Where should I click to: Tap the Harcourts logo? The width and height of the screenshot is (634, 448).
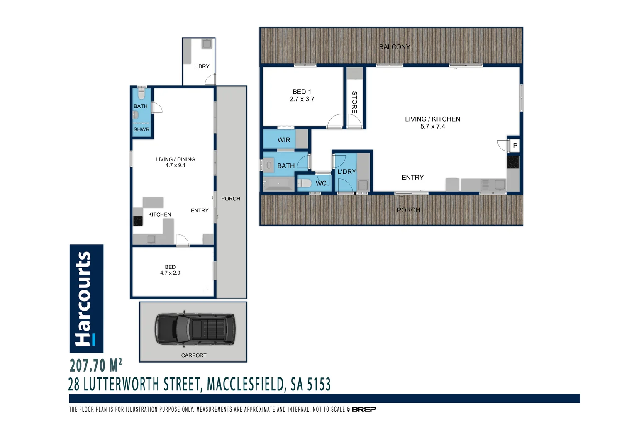click(x=86, y=298)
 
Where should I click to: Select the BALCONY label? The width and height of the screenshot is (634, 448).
click(x=394, y=47)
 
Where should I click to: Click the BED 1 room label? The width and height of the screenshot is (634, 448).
click(x=302, y=92)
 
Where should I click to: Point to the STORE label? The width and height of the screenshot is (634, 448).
click(x=354, y=102)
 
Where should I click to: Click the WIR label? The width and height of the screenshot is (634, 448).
click(x=284, y=140)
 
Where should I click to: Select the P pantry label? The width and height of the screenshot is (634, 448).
click(x=515, y=146)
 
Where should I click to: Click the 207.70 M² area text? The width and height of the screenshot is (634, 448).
click(x=95, y=365)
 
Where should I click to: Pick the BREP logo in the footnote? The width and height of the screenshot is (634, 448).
click(x=363, y=409)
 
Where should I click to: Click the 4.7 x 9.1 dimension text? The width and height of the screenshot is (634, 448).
click(x=175, y=166)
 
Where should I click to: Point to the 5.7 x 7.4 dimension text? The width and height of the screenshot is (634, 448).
click(x=432, y=127)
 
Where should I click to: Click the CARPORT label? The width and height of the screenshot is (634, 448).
click(x=193, y=355)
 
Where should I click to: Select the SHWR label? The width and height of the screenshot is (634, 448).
click(x=141, y=130)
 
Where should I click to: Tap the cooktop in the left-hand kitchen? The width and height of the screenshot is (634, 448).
click(x=137, y=221)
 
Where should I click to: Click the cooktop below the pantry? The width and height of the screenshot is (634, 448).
click(x=513, y=162)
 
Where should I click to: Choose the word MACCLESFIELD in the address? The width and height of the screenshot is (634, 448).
click(x=246, y=385)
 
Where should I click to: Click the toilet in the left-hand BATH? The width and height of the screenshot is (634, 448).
click(x=141, y=94)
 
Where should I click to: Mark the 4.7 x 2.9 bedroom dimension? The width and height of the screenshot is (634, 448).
click(x=170, y=273)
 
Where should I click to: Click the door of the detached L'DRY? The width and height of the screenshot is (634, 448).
click(x=211, y=80)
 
